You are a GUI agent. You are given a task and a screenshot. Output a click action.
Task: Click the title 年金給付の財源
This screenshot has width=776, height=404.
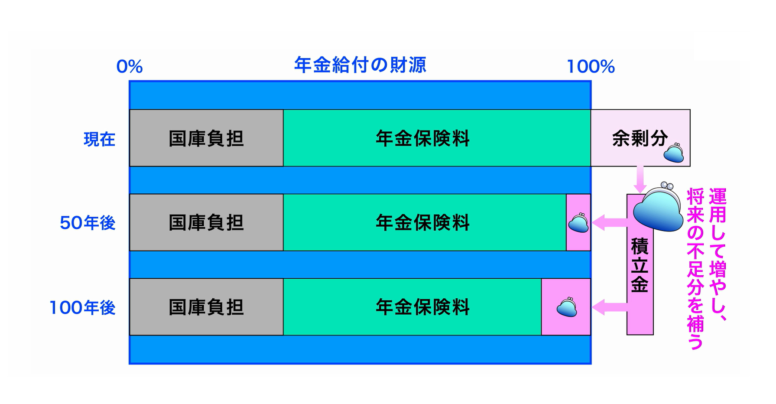[x=360, y=65]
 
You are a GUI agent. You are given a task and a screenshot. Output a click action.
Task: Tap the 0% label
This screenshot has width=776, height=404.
[x=129, y=67]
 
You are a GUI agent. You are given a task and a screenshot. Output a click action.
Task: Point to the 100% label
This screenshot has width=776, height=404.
[x=591, y=67]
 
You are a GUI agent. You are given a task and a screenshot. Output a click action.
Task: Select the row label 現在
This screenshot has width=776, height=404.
[x=99, y=139]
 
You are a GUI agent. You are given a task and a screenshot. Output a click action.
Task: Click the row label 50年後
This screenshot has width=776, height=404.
[x=88, y=223]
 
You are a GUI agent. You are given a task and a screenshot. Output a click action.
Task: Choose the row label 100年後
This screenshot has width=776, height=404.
[x=82, y=307]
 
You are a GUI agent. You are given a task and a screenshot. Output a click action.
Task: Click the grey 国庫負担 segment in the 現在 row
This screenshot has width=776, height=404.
[x=206, y=138]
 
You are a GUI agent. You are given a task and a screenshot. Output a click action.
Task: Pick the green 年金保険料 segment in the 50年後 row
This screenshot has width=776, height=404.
[x=422, y=222]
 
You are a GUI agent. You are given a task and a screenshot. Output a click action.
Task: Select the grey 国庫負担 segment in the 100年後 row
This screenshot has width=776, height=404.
[x=206, y=307]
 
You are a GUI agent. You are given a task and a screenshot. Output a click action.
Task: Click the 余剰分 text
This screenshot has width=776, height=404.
[x=640, y=138]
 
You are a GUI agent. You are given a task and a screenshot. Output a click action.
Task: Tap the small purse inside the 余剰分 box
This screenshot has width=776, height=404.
[x=674, y=153]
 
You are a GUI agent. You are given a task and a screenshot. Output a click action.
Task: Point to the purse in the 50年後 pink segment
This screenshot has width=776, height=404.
[x=578, y=223]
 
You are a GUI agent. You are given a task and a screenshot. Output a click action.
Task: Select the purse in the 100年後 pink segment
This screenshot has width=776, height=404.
[x=567, y=307]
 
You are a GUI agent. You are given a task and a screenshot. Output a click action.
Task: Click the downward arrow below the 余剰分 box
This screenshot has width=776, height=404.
[x=640, y=179]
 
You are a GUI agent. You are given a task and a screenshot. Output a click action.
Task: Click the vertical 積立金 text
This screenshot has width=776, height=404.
[x=640, y=265]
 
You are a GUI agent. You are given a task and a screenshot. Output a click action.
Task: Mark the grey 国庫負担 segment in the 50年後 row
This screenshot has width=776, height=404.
[x=206, y=222]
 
